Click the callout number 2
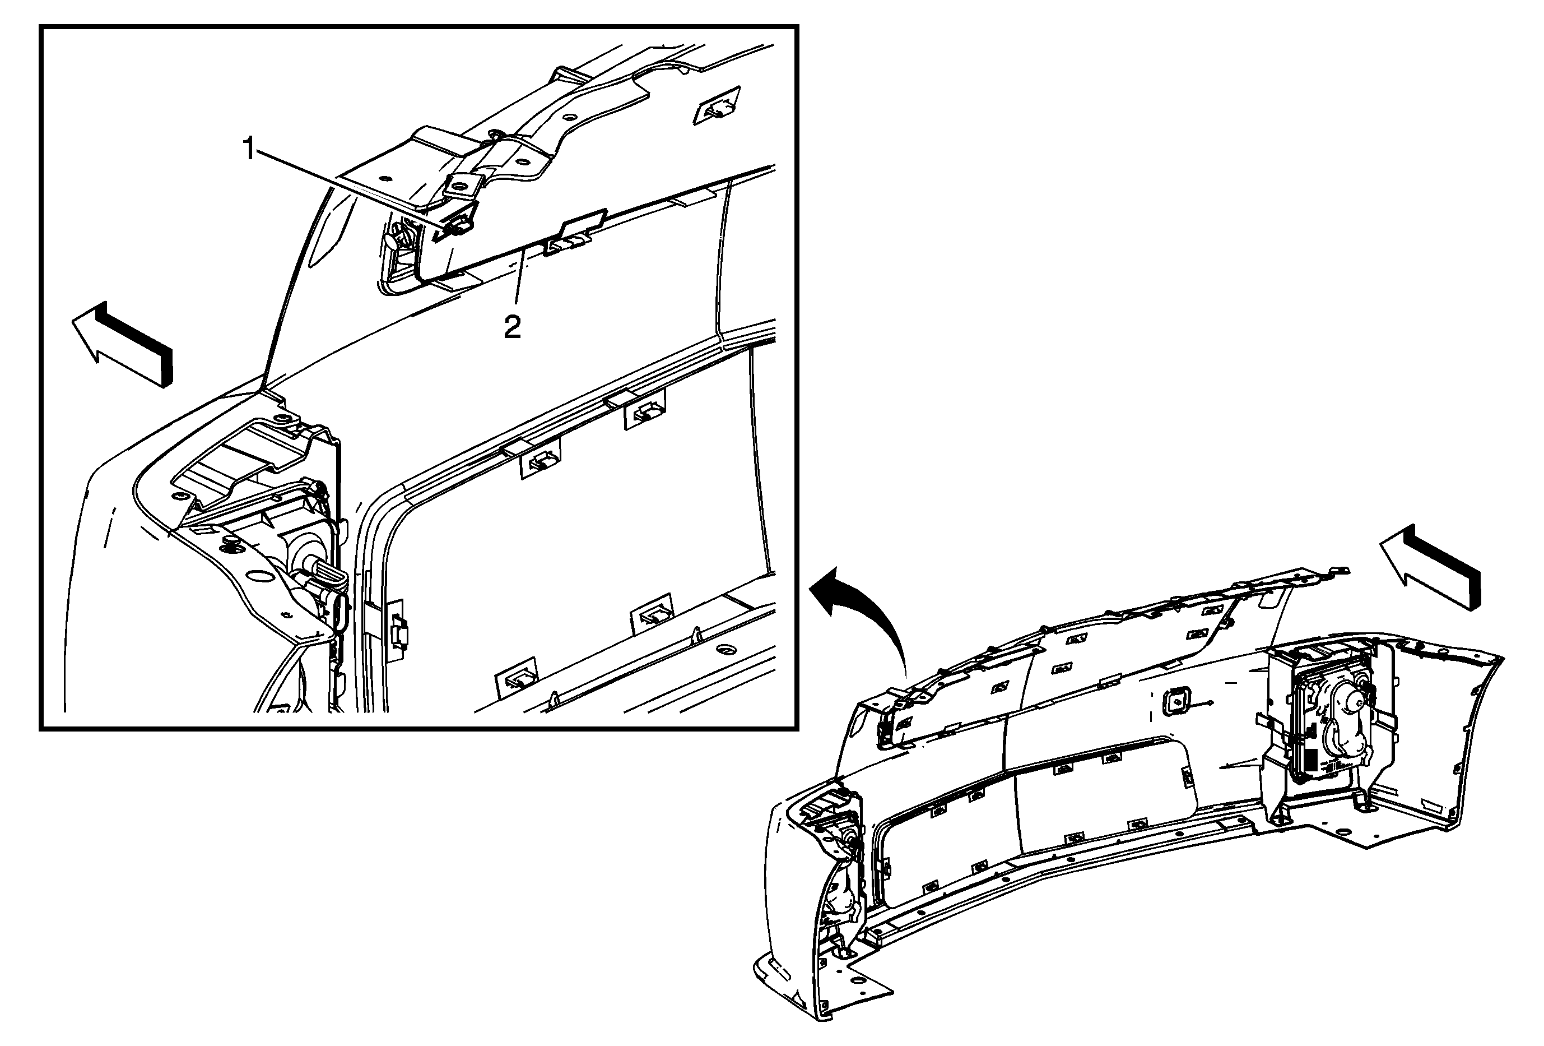pos(512,327)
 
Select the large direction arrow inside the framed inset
pos(122,344)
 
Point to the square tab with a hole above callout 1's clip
pos(460,185)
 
